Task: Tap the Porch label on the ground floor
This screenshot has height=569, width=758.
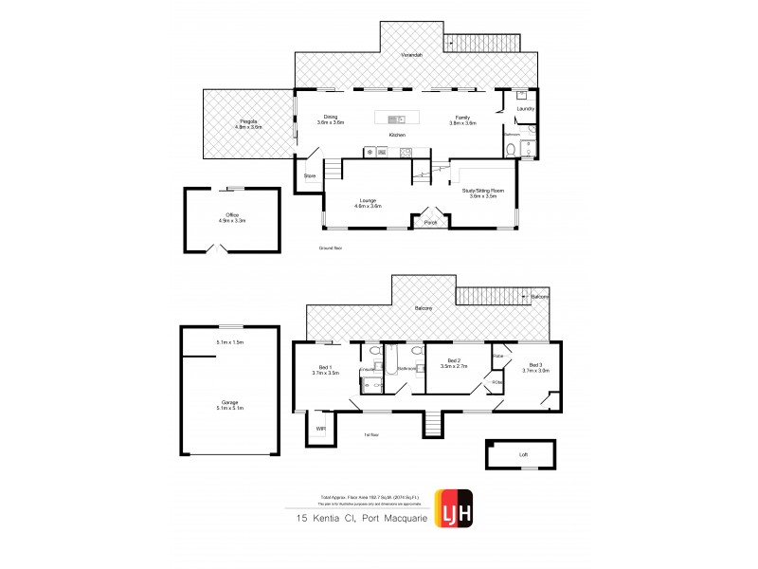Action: point(430,224)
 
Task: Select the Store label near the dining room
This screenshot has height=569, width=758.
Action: point(309,176)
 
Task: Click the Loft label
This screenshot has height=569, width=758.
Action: point(523,454)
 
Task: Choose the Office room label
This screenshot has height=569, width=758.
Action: point(231,215)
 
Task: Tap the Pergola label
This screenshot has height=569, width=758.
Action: point(248,120)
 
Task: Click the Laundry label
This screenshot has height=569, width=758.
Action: point(525,109)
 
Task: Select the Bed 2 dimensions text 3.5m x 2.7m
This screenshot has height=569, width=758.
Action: point(454,367)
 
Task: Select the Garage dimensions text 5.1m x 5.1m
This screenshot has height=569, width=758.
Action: point(230,408)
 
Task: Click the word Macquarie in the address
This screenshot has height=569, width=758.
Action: point(398,519)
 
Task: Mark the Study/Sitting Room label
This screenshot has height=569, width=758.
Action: point(483,191)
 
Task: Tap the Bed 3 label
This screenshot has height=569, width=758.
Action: point(535,364)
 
